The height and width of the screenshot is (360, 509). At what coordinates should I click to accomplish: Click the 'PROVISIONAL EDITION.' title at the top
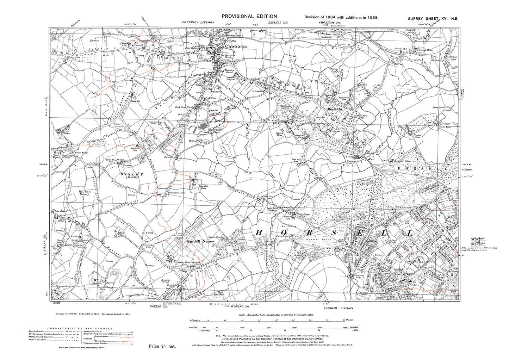[250, 16]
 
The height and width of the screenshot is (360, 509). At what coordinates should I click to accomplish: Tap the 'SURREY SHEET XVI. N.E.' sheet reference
[433, 19]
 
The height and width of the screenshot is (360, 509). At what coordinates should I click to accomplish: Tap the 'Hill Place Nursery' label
[84, 193]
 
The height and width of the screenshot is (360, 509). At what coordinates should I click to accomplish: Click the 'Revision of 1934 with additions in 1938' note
[341, 17]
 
